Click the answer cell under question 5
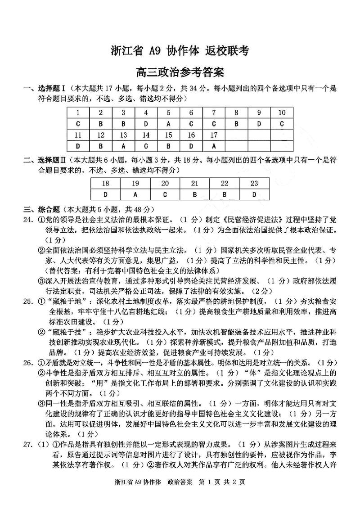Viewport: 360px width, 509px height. point(168,124)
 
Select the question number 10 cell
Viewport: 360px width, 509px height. point(282,113)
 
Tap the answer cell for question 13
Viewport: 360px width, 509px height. point(123,146)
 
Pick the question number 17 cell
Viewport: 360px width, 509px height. point(214,135)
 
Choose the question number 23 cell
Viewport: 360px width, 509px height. point(254,184)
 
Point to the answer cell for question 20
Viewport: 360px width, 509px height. point(165,195)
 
